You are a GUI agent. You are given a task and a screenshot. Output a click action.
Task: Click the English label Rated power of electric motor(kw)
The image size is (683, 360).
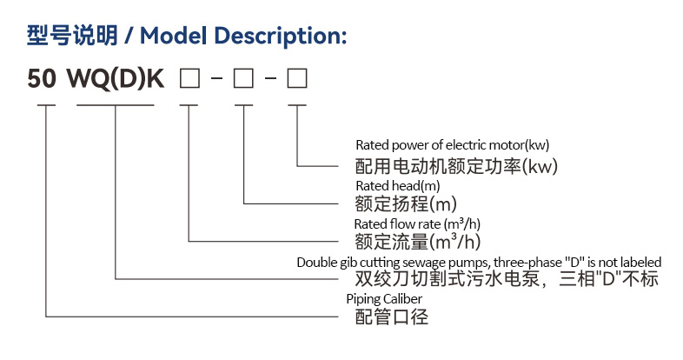pos(453,145)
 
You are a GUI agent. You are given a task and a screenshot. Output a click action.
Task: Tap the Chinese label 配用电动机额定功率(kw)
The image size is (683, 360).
pos(456,164)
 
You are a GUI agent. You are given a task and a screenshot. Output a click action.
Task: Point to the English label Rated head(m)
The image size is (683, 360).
pos(398,186)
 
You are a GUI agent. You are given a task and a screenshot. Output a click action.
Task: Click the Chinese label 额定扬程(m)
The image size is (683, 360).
pos(406,204)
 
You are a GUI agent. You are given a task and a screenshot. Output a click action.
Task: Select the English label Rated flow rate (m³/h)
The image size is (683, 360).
pos(417,224)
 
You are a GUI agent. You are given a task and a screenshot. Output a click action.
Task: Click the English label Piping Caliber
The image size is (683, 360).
pos(384,299)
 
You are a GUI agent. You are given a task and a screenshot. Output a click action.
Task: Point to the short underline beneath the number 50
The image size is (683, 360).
pos(45,105)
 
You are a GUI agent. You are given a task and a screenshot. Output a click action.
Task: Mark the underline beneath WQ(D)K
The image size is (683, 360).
pos(116,105)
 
